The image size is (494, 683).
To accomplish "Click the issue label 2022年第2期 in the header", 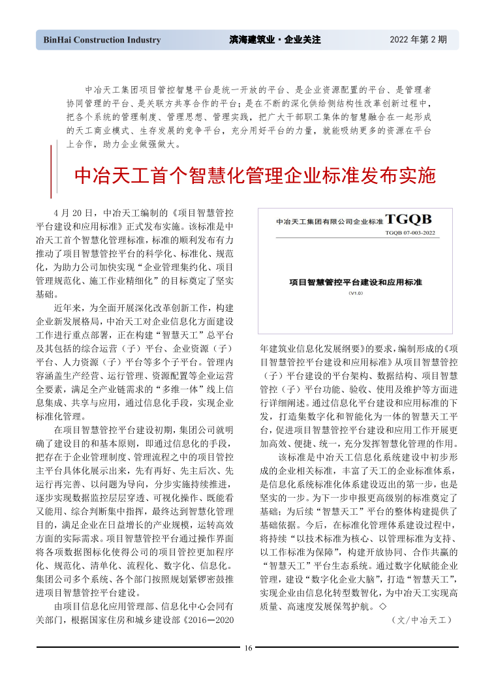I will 418,40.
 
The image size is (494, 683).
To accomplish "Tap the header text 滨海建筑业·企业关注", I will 275,40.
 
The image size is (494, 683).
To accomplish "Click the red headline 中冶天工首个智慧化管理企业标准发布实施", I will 255,176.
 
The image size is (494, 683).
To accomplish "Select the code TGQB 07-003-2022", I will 409,232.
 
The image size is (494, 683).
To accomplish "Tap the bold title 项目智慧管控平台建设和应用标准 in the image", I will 356,282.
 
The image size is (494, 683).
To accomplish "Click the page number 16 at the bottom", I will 248,648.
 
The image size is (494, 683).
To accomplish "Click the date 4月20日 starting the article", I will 74,213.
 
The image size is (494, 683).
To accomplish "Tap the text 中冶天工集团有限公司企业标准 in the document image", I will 329,222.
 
